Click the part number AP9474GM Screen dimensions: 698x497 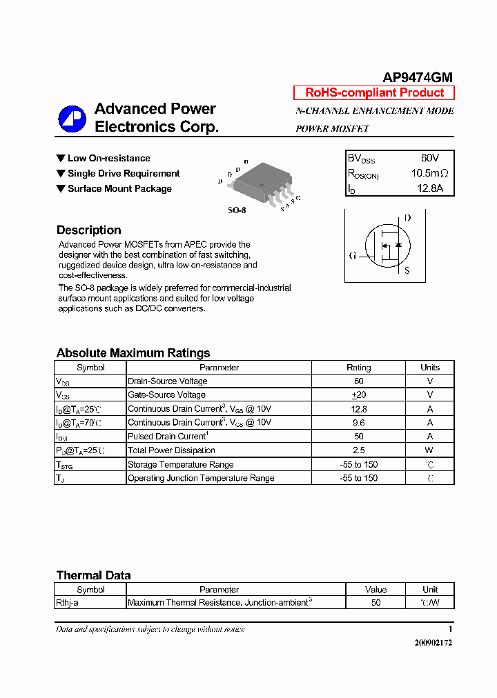coord(418,78)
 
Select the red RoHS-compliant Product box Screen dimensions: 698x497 coord(374,92)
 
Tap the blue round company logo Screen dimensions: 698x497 coord(72,119)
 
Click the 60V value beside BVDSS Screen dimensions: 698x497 coord(429,158)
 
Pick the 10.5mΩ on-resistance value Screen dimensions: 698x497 coord(429,173)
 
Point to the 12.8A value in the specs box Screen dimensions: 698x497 coord(429,188)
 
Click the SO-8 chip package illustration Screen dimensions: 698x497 coord(262,181)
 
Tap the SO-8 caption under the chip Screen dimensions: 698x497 coord(237,210)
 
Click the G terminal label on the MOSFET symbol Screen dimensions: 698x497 coord(353,256)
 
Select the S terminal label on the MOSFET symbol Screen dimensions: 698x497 coord(407,270)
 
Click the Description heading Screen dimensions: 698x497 coord(88,230)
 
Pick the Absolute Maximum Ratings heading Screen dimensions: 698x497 coord(133,353)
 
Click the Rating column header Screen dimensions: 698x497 coord(358,368)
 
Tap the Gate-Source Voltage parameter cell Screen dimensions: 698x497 coord(166,395)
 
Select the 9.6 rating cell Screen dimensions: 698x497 coord(358,423)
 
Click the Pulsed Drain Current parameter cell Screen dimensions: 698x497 coord(168,437)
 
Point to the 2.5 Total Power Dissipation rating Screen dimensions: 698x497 coord(358,450)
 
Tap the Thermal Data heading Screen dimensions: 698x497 coord(93,575)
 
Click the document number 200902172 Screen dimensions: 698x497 coord(433,643)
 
